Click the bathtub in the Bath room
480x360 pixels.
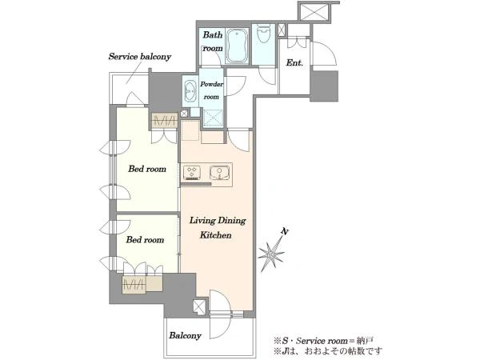click(237, 46)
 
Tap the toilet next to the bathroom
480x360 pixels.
click(263, 33)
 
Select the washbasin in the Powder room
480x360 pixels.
click(190, 89)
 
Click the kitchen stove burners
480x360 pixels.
click(192, 173)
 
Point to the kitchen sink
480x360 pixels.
click(219, 173)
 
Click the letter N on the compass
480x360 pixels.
click(285, 232)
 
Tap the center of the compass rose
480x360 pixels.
click(271, 254)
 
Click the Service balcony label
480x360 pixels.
click(140, 57)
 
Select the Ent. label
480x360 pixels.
click(294, 63)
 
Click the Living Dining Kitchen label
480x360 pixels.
click(217, 228)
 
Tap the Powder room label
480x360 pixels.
click(211, 90)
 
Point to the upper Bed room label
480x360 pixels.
click(147, 169)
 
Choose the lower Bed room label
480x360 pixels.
click(145, 239)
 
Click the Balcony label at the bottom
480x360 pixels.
click(186, 335)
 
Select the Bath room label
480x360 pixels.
click(213, 42)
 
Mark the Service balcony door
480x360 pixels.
click(134, 98)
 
